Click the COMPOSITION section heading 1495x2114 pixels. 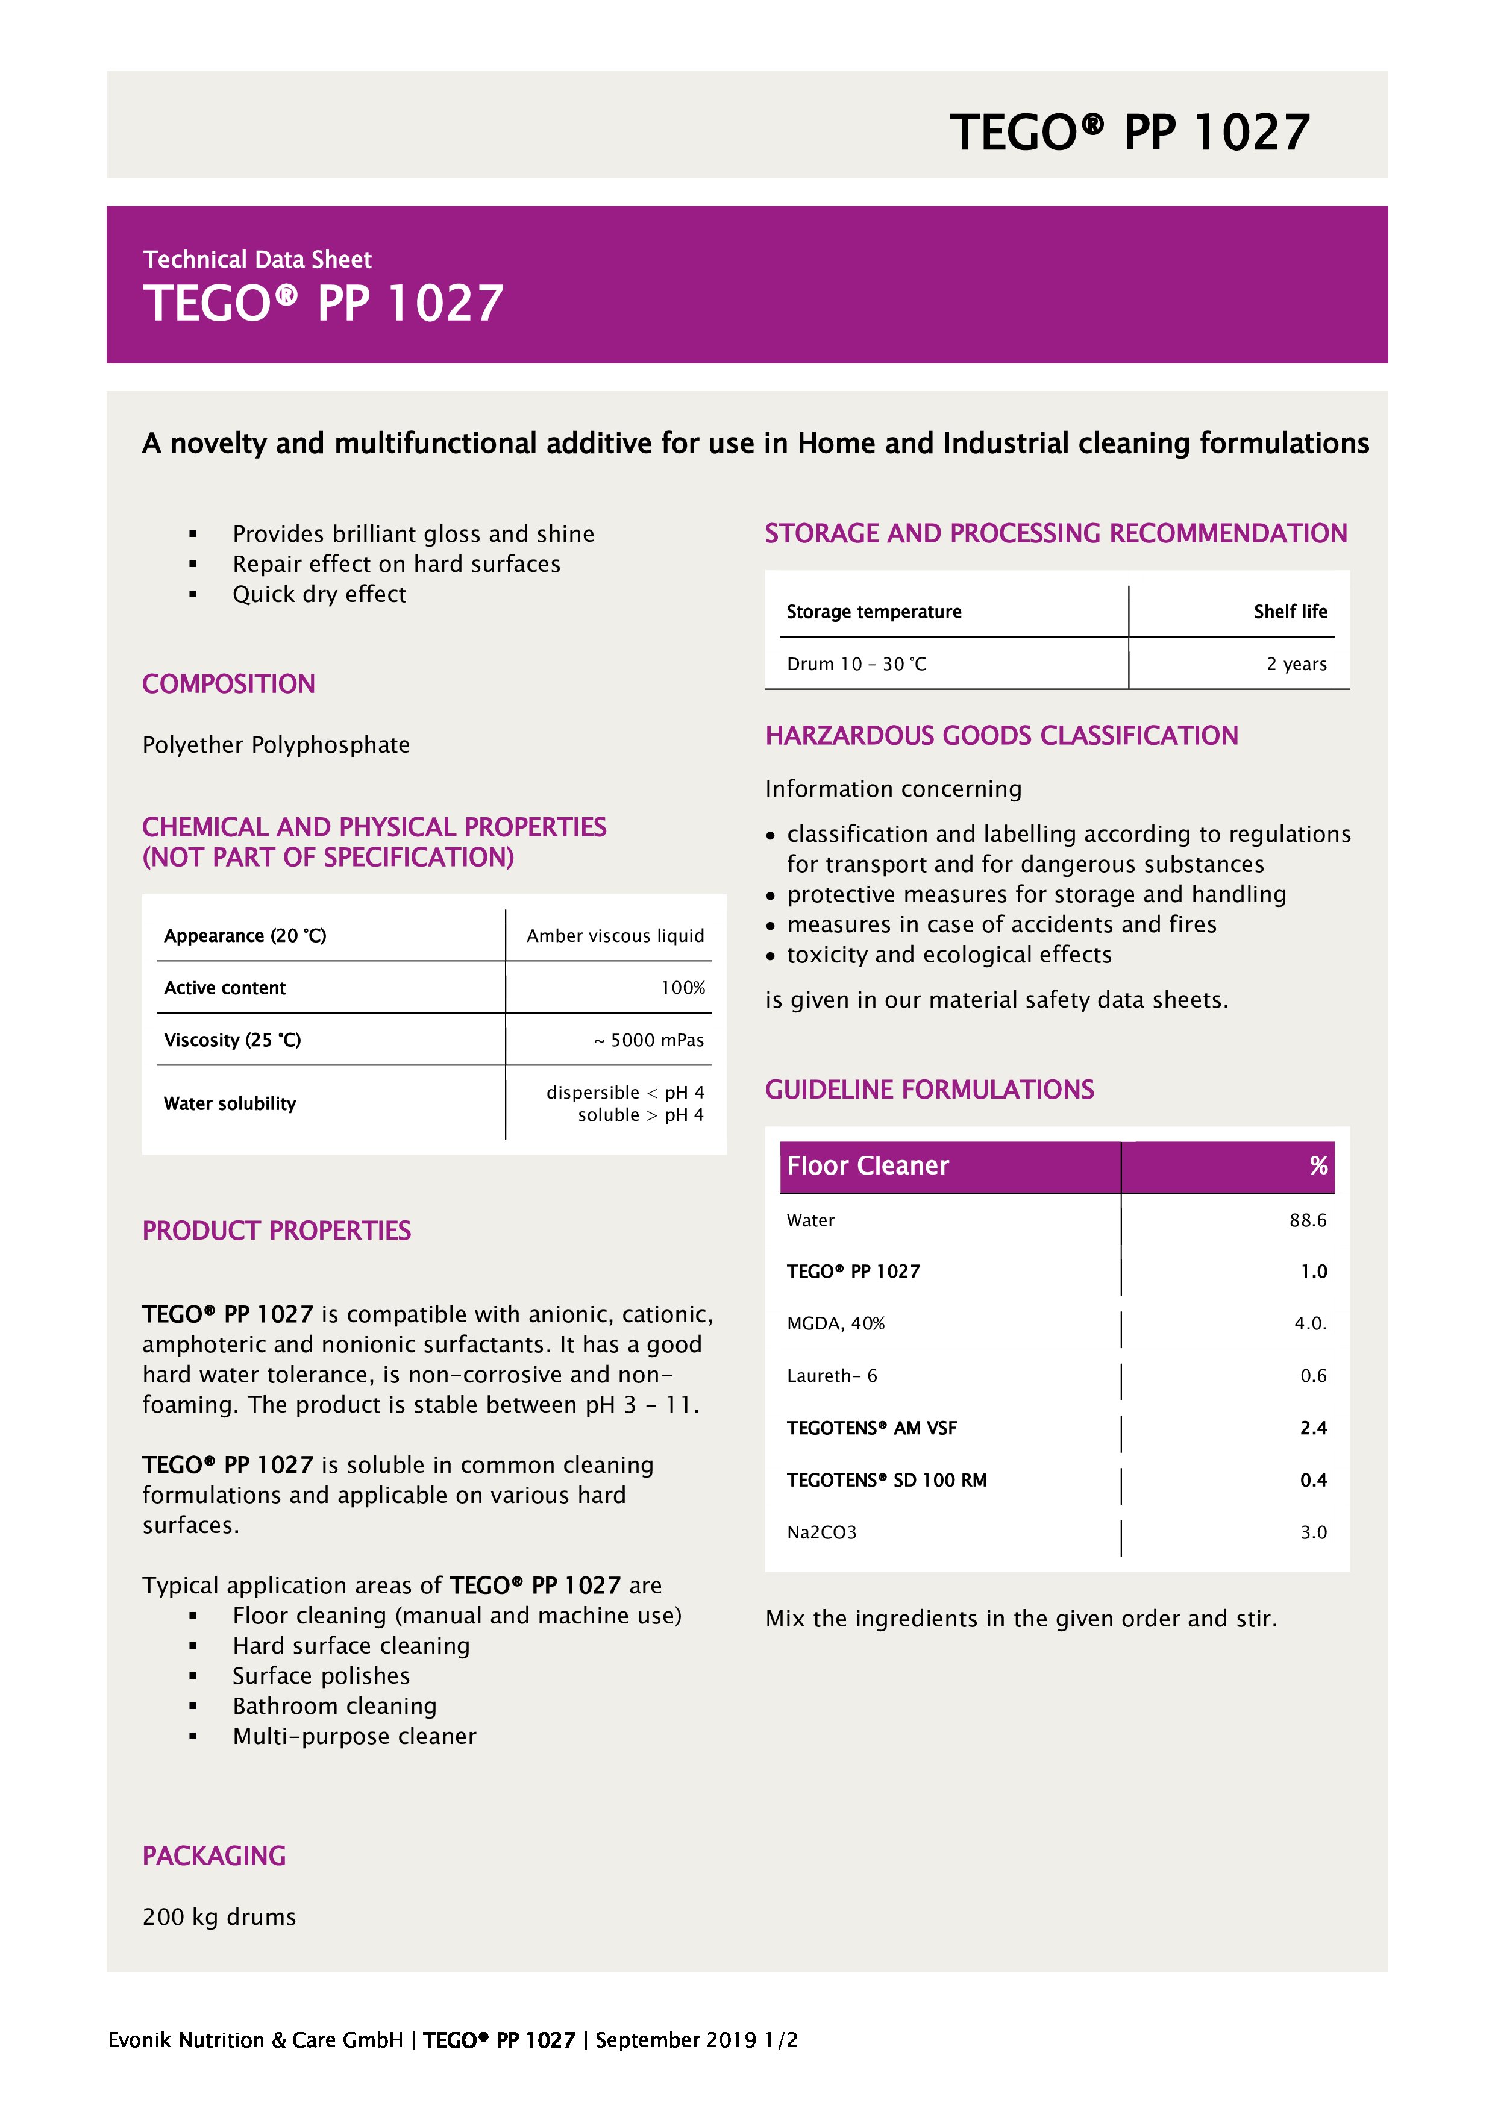(x=228, y=684)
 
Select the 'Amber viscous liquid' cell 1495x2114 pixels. (x=615, y=935)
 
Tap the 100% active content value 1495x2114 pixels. (x=682, y=988)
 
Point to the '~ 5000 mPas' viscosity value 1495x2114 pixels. (x=648, y=1040)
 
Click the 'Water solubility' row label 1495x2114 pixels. (x=230, y=1103)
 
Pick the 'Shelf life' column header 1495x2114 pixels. (x=1290, y=612)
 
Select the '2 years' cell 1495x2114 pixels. (x=1296, y=664)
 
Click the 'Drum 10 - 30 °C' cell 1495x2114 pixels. (x=856, y=664)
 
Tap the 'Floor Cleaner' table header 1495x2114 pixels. (x=867, y=1165)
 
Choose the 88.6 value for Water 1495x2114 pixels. (x=1307, y=1220)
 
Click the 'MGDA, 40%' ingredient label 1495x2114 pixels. (x=835, y=1323)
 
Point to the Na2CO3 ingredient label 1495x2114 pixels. (x=821, y=1532)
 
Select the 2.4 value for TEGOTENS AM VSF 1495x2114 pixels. (x=1313, y=1428)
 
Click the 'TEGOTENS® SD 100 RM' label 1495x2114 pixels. (x=886, y=1479)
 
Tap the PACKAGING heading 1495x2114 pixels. (x=213, y=1855)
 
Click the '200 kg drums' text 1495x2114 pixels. (x=219, y=1917)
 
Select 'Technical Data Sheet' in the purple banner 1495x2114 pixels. (x=257, y=260)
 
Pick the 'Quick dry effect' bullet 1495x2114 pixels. (x=319, y=594)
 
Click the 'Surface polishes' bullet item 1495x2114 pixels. (x=321, y=1676)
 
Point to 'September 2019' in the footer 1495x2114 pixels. (x=675, y=2039)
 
